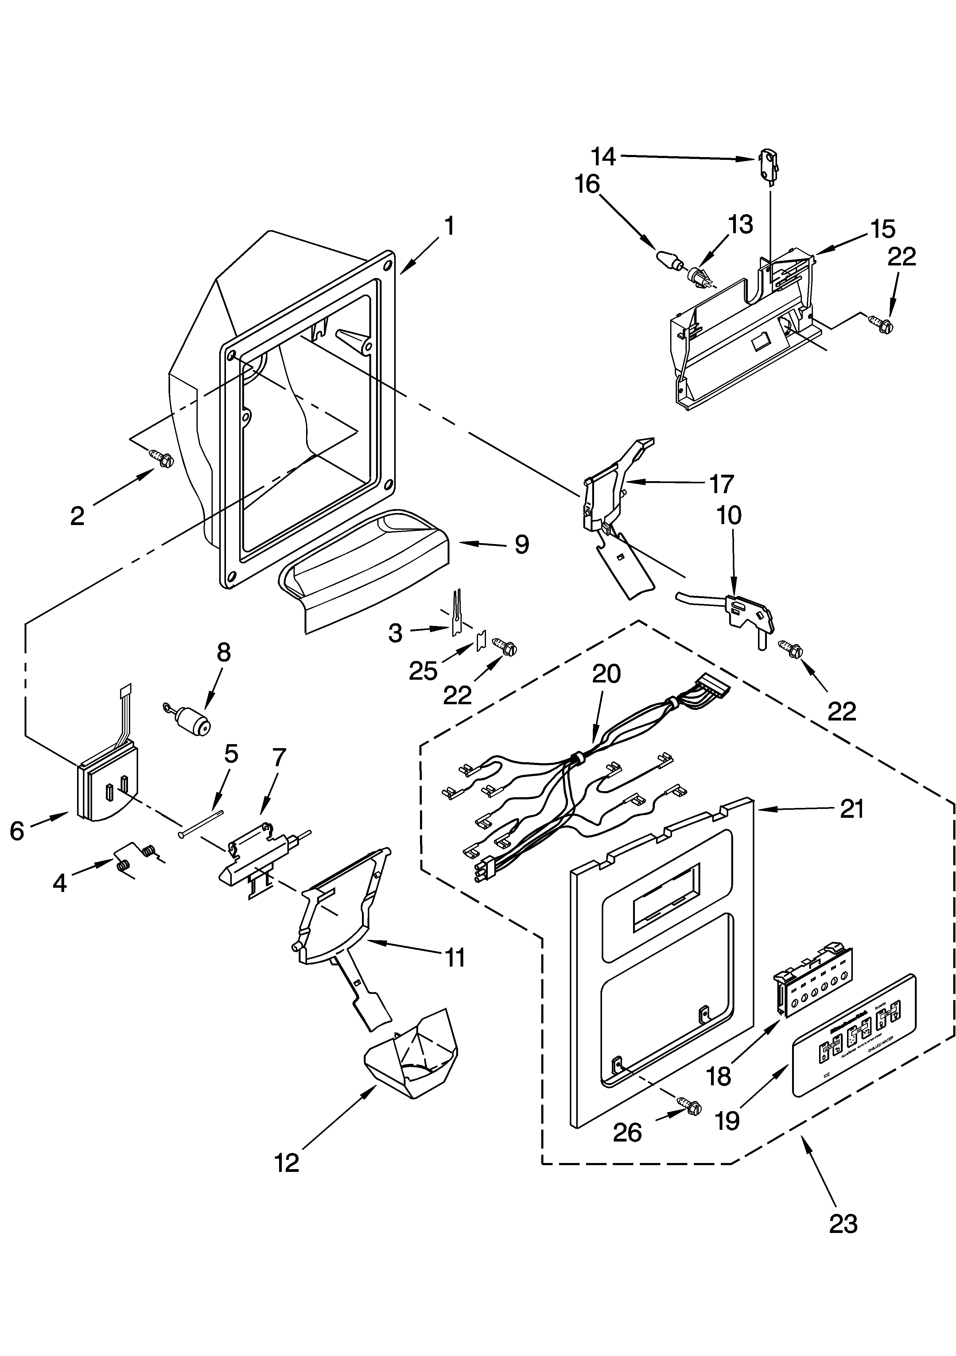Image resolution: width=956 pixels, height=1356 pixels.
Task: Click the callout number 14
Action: pyautogui.click(x=603, y=157)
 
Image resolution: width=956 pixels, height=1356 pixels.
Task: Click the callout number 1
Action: pyautogui.click(x=449, y=226)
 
